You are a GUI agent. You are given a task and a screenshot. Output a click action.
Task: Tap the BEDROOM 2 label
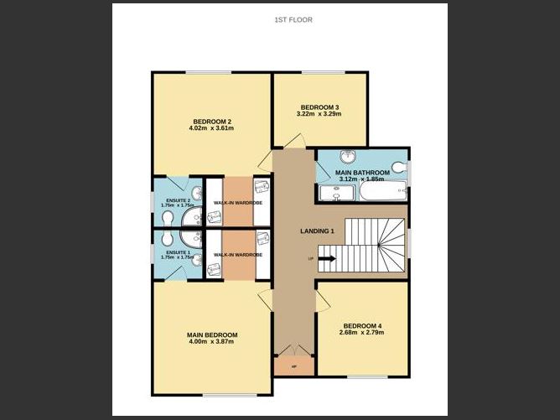[x=211, y=121]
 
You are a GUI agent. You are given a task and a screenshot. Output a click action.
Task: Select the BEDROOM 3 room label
[x=319, y=107]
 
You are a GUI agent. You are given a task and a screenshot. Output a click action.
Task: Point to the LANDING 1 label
[x=317, y=231]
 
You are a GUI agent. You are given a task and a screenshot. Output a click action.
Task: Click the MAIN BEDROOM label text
[x=211, y=335]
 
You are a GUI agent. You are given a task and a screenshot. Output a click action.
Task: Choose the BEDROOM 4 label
[x=362, y=326]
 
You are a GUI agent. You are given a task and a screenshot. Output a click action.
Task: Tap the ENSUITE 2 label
[x=177, y=200]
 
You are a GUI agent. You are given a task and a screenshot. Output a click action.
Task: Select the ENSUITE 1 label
[x=177, y=251]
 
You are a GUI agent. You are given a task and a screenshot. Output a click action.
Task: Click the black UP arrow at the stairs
[x=325, y=259]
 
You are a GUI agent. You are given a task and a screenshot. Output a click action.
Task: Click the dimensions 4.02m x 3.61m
[x=211, y=128]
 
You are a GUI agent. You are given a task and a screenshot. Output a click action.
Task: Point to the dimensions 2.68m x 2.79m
[x=362, y=334]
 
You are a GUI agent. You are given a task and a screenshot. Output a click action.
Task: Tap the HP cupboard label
[x=293, y=366]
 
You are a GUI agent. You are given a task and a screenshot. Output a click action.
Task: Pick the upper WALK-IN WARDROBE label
[x=237, y=203]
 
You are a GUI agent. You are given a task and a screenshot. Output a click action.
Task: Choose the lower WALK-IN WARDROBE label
[x=237, y=254]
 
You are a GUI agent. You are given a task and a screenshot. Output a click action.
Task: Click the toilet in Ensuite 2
[x=168, y=219]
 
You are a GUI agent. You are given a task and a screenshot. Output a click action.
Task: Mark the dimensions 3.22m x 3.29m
[x=319, y=115]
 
